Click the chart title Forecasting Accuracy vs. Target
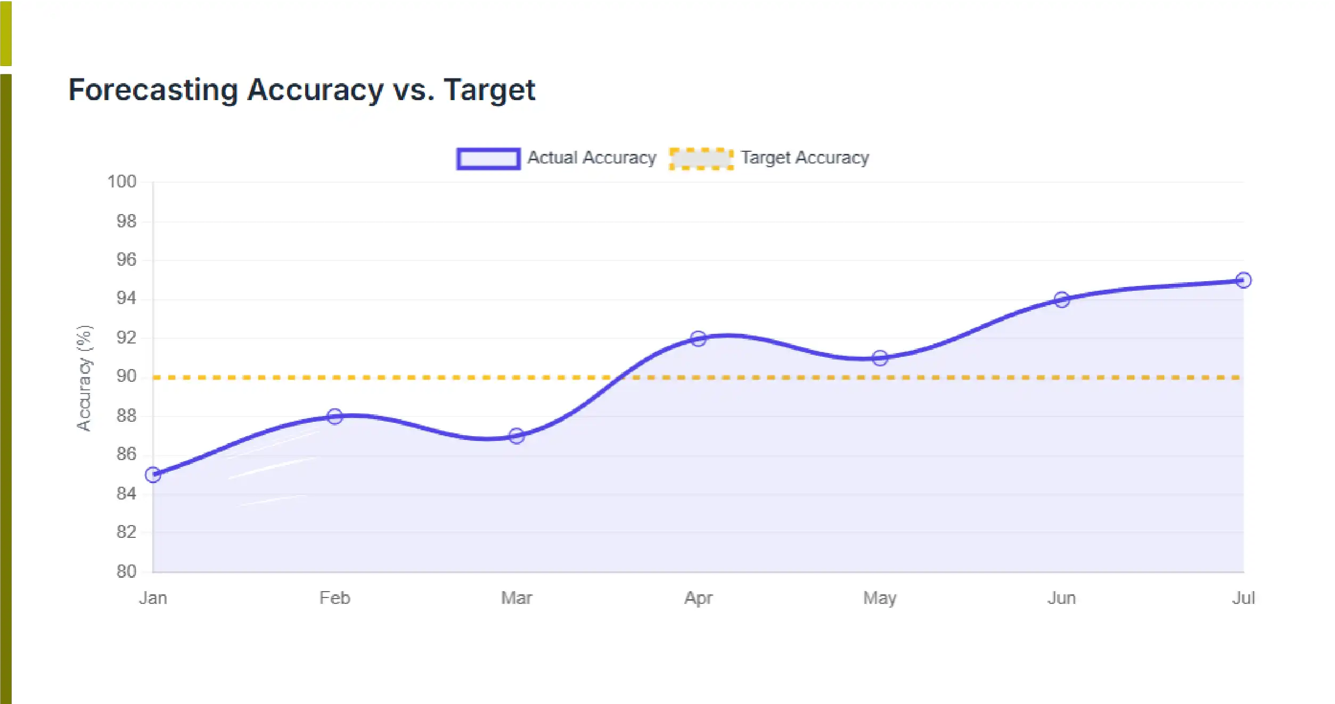click(x=301, y=90)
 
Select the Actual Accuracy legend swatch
click(x=488, y=159)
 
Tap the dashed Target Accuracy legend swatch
click(x=701, y=159)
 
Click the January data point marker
click(x=153, y=474)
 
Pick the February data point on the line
click(x=334, y=416)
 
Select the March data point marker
click(x=517, y=436)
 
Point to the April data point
click(x=698, y=339)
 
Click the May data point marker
click(x=880, y=358)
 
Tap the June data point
click(x=1062, y=300)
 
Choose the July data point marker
click(x=1243, y=280)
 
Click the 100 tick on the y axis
click(x=122, y=182)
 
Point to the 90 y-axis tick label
click(x=126, y=376)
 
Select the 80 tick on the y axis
click(x=126, y=571)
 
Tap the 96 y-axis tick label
click(x=126, y=260)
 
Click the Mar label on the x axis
click(x=517, y=598)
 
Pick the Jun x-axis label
click(x=1062, y=598)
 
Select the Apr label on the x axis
click(x=698, y=598)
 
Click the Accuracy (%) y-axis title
click(x=85, y=378)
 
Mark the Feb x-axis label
click(x=334, y=598)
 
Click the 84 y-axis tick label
click(x=126, y=494)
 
